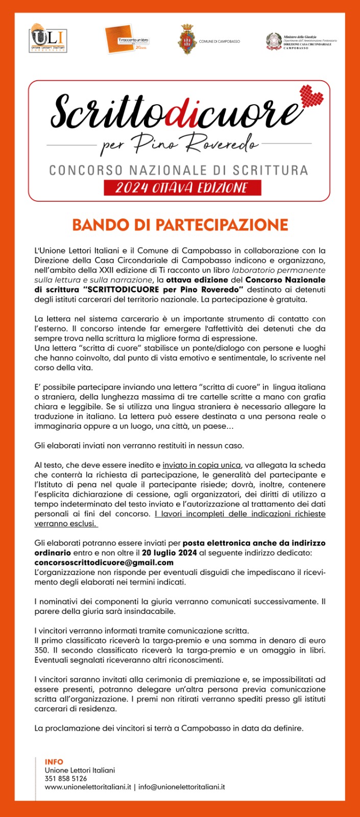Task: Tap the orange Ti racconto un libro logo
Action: pos(127,40)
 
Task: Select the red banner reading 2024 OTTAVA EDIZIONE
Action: pos(182,188)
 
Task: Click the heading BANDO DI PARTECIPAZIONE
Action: pos(180,225)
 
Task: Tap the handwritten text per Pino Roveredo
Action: pos(179,143)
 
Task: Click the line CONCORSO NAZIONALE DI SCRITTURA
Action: pos(179,170)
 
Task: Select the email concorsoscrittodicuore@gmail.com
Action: pos(104,563)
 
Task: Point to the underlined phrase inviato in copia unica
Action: pos(201,465)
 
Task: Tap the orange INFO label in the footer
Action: pos(54,762)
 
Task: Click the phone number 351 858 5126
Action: pos(66,779)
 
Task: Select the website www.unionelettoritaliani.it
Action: pos(88,787)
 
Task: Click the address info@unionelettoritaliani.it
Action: pos(181,787)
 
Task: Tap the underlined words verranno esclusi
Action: pos(66,524)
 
